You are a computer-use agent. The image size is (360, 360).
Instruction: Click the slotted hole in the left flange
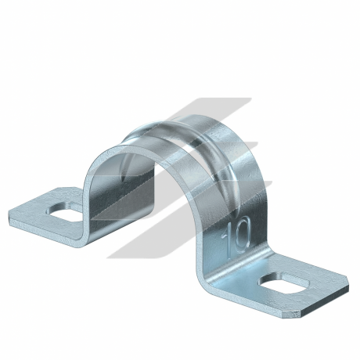click(65, 211)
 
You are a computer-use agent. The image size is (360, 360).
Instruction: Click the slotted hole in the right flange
click(284, 283)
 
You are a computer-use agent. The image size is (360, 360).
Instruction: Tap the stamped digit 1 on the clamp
click(229, 238)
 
